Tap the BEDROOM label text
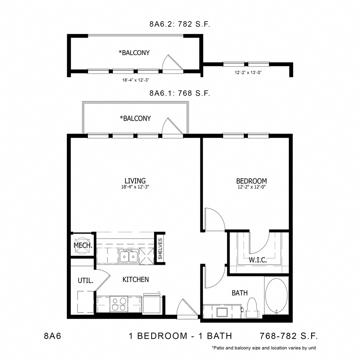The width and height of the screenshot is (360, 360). point(251,180)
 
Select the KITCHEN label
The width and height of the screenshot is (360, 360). point(136,279)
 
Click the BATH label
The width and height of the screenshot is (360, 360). point(240,293)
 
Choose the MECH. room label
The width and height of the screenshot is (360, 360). point(83,245)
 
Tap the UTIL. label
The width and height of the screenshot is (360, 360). point(85,281)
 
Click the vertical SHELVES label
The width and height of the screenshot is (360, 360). point(160,249)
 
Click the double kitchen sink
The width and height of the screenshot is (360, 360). point(128,256)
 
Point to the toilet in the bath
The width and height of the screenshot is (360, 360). point(252,307)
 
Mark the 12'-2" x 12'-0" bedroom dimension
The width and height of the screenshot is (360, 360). point(251,187)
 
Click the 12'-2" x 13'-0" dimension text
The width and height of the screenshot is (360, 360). point(248,73)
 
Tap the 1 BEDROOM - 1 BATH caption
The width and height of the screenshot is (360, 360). point(180,335)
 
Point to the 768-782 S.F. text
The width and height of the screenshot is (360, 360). point(288,335)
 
